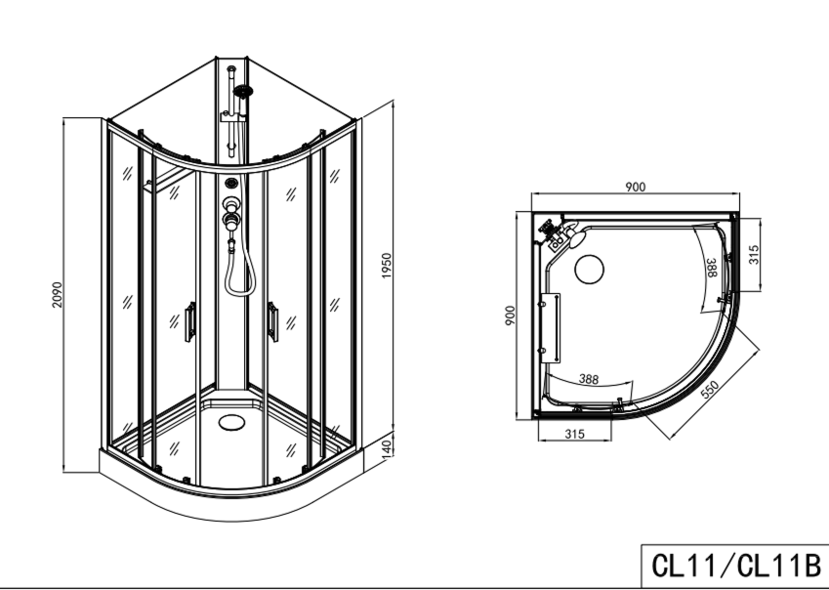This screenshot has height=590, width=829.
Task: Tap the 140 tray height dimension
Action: (x=387, y=448)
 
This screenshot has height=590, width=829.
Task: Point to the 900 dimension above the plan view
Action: (x=636, y=188)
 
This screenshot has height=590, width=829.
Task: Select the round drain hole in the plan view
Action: (x=589, y=268)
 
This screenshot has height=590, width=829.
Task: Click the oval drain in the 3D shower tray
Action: (x=232, y=423)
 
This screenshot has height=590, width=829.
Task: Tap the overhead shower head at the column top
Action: (x=242, y=93)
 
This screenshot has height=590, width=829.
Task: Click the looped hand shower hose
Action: (x=234, y=271)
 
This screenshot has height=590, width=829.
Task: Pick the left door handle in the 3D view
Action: (x=189, y=321)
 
